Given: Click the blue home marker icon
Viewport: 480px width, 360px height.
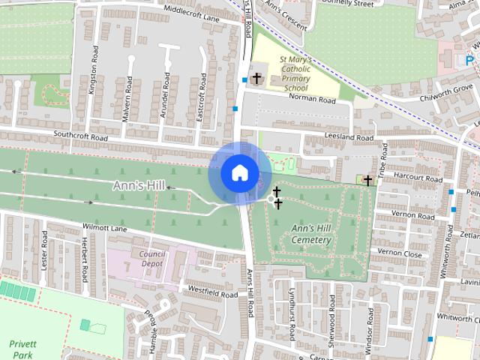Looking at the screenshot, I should click(x=239, y=172).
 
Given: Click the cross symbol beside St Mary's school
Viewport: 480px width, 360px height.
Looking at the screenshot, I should click(x=256, y=78).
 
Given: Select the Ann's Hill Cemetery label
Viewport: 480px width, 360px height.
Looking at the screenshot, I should click(x=311, y=233).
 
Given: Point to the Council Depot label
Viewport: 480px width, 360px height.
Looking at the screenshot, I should click(x=151, y=259).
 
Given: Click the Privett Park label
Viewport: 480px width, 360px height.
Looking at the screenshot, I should click(x=22, y=349).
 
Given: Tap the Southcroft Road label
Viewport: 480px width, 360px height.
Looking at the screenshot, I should click(x=81, y=136).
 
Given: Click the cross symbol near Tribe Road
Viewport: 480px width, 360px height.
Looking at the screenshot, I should click(x=367, y=181).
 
